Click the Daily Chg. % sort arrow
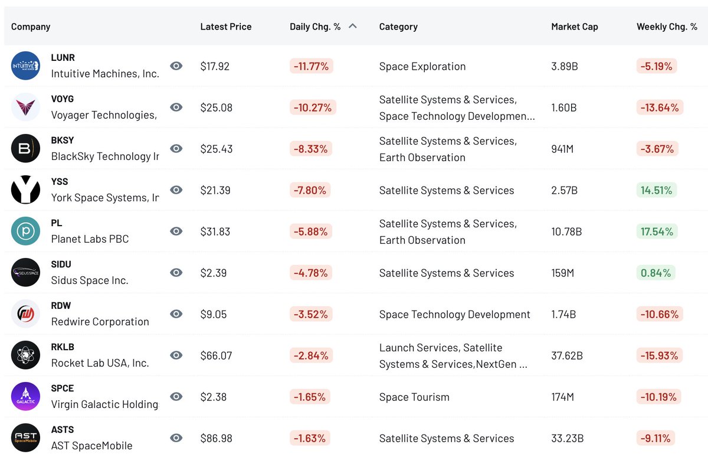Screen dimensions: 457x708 [x=353, y=26]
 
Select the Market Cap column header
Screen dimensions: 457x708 [x=574, y=27]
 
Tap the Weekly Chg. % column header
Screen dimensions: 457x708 [x=667, y=27]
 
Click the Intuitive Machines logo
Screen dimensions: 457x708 [x=26, y=66]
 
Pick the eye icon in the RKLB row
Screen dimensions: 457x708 [x=176, y=355]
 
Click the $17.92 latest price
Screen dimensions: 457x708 [x=215, y=66]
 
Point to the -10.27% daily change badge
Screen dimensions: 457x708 [x=312, y=107]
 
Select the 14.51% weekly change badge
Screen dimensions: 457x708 [x=656, y=190]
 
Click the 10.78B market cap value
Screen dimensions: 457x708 [x=566, y=231]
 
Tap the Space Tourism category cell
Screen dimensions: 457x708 [x=414, y=397]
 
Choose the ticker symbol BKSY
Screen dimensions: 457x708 [x=63, y=141]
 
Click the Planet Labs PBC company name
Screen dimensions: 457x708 [x=90, y=239]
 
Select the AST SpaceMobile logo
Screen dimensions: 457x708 [x=26, y=438]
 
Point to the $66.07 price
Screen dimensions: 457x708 [x=216, y=355]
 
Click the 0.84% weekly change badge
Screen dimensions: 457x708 [x=655, y=273]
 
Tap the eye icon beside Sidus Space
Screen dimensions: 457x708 [x=176, y=273]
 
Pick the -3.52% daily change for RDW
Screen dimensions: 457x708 [x=310, y=314]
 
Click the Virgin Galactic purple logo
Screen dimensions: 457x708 [x=26, y=397]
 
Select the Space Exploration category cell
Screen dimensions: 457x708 [x=422, y=66]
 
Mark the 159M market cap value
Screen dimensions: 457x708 [x=562, y=273]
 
